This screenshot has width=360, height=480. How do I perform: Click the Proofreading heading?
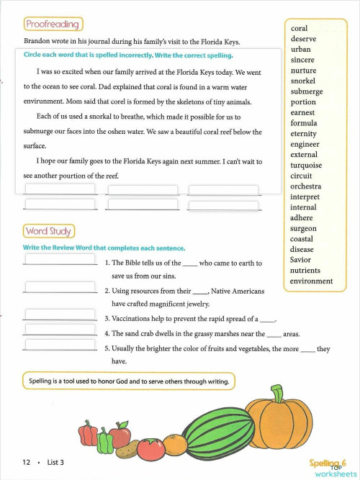(52, 24)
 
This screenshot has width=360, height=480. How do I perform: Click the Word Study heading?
(49, 231)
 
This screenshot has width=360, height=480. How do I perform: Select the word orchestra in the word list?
(306, 186)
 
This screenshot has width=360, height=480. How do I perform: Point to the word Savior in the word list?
(301, 260)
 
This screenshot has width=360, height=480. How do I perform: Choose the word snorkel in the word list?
(303, 81)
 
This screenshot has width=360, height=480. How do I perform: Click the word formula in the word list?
(304, 123)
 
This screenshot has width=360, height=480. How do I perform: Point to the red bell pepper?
(89, 433)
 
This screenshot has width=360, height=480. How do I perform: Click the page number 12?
(25, 462)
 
